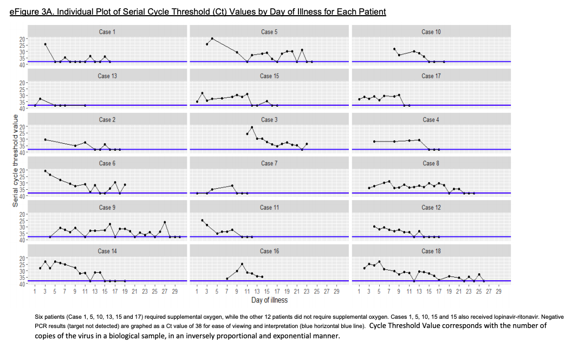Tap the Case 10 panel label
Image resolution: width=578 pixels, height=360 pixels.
point(431,32)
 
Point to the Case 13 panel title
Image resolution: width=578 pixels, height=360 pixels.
point(107,76)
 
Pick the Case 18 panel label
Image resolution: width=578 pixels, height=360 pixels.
point(431,251)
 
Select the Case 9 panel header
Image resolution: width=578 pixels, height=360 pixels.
point(107,207)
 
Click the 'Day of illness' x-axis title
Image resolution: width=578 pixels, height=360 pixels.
point(269,300)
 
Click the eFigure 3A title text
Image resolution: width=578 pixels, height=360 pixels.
point(198,11)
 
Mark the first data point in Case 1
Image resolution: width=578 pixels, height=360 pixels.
point(45,44)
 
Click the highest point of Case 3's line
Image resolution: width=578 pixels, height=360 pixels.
point(252,127)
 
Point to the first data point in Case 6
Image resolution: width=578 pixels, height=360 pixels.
point(45,171)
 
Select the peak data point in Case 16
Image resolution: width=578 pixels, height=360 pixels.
point(242,264)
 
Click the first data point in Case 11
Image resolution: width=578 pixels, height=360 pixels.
point(202,220)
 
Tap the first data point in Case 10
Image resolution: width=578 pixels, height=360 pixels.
point(394,49)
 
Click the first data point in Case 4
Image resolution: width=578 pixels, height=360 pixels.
point(374,142)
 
